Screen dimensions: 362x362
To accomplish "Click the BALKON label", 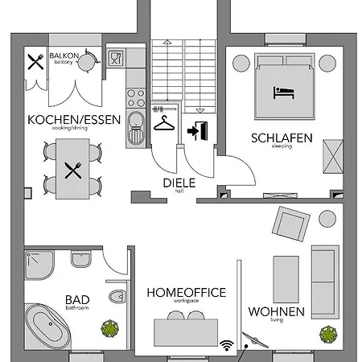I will [64, 56].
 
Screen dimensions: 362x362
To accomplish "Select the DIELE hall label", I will [179, 182].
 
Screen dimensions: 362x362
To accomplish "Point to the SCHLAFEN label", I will [282, 138].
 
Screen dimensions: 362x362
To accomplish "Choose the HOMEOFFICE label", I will [186, 293].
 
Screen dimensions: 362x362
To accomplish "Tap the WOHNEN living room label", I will [276, 311].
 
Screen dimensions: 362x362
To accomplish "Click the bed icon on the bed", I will [284, 92].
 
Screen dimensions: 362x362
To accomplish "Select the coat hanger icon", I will [164, 125].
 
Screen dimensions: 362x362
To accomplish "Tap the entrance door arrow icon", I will [195, 129].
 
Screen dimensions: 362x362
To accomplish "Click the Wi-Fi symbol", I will [227, 343].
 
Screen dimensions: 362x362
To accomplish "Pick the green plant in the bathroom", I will [107, 328].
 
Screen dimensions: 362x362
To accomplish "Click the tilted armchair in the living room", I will [290, 221].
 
